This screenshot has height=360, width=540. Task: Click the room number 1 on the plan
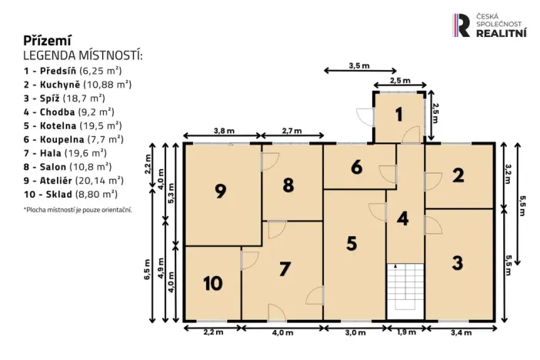click(x=398, y=115)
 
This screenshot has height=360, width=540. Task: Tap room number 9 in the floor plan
click(x=220, y=192)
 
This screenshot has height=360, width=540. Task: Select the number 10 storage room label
click(x=212, y=283)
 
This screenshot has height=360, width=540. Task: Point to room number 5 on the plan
click(x=351, y=243)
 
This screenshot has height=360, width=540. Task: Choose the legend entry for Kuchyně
click(x=77, y=84)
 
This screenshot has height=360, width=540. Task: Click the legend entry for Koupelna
click(x=73, y=139)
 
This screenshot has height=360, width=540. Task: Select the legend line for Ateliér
click(x=74, y=181)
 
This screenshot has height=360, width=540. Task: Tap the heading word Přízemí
click(x=48, y=40)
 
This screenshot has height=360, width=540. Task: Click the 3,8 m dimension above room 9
click(x=223, y=131)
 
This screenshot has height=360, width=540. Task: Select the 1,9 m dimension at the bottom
click(x=405, y=332)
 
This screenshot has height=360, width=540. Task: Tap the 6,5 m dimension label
click(x=147, y=271)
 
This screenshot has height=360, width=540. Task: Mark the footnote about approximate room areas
click(x=78, y=209)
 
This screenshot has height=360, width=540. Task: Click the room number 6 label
click(x=356, y=168)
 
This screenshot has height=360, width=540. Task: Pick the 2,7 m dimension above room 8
click(x=292, y=131)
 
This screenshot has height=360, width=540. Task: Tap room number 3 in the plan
click(x=458, y=262)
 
